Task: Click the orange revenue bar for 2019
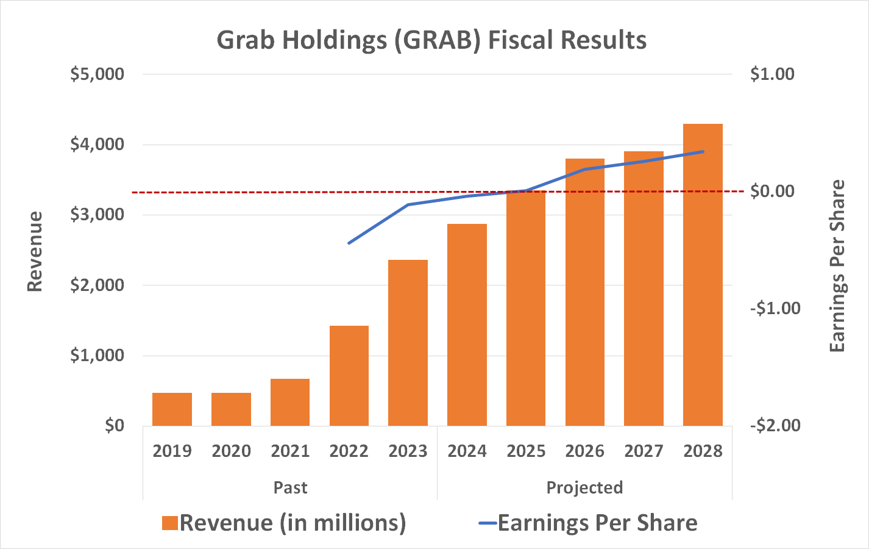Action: pyautogui.click(x=172, y=409)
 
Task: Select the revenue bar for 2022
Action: pyautogui.click(x=349, y=376)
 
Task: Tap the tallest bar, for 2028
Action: pyautogui.click(x=703, y=274)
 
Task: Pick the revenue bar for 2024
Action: pyautogui.click(x=467, y=325)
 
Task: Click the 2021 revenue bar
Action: pyautogui.click(x=290, y=402)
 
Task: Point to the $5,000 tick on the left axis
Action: pyautogui.click(x=97, y=74)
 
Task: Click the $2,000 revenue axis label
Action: pyautogui.click(x=97, y=285)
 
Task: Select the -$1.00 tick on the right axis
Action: pyautogui.click(x=775, y=308)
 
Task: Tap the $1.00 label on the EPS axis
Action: pyautogui.click(x=772, y=74)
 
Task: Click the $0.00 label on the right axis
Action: pyautogui.click(x=772, y=192)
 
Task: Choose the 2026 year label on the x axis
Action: pyautogui.click(x=584, y=451)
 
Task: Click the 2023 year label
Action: pyautogui.click(x=408, y=451)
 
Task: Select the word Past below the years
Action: pyautogui.click(x=290, y=488)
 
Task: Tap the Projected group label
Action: pyautogui.click(x=584, y=488)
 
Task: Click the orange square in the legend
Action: pyautogui.click(x=170, y=523)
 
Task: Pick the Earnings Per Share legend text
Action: pyautogui.click(x=597, y=523)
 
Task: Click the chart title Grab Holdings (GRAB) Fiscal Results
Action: pyautogui.click(x=431, y=40)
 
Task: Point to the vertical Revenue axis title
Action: pyautogui.click(x=35, y=251)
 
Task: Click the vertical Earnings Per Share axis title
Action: pyautogui.click(x=838, y=266)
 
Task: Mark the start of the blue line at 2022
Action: pyautogui.click(x=349, y=243)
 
